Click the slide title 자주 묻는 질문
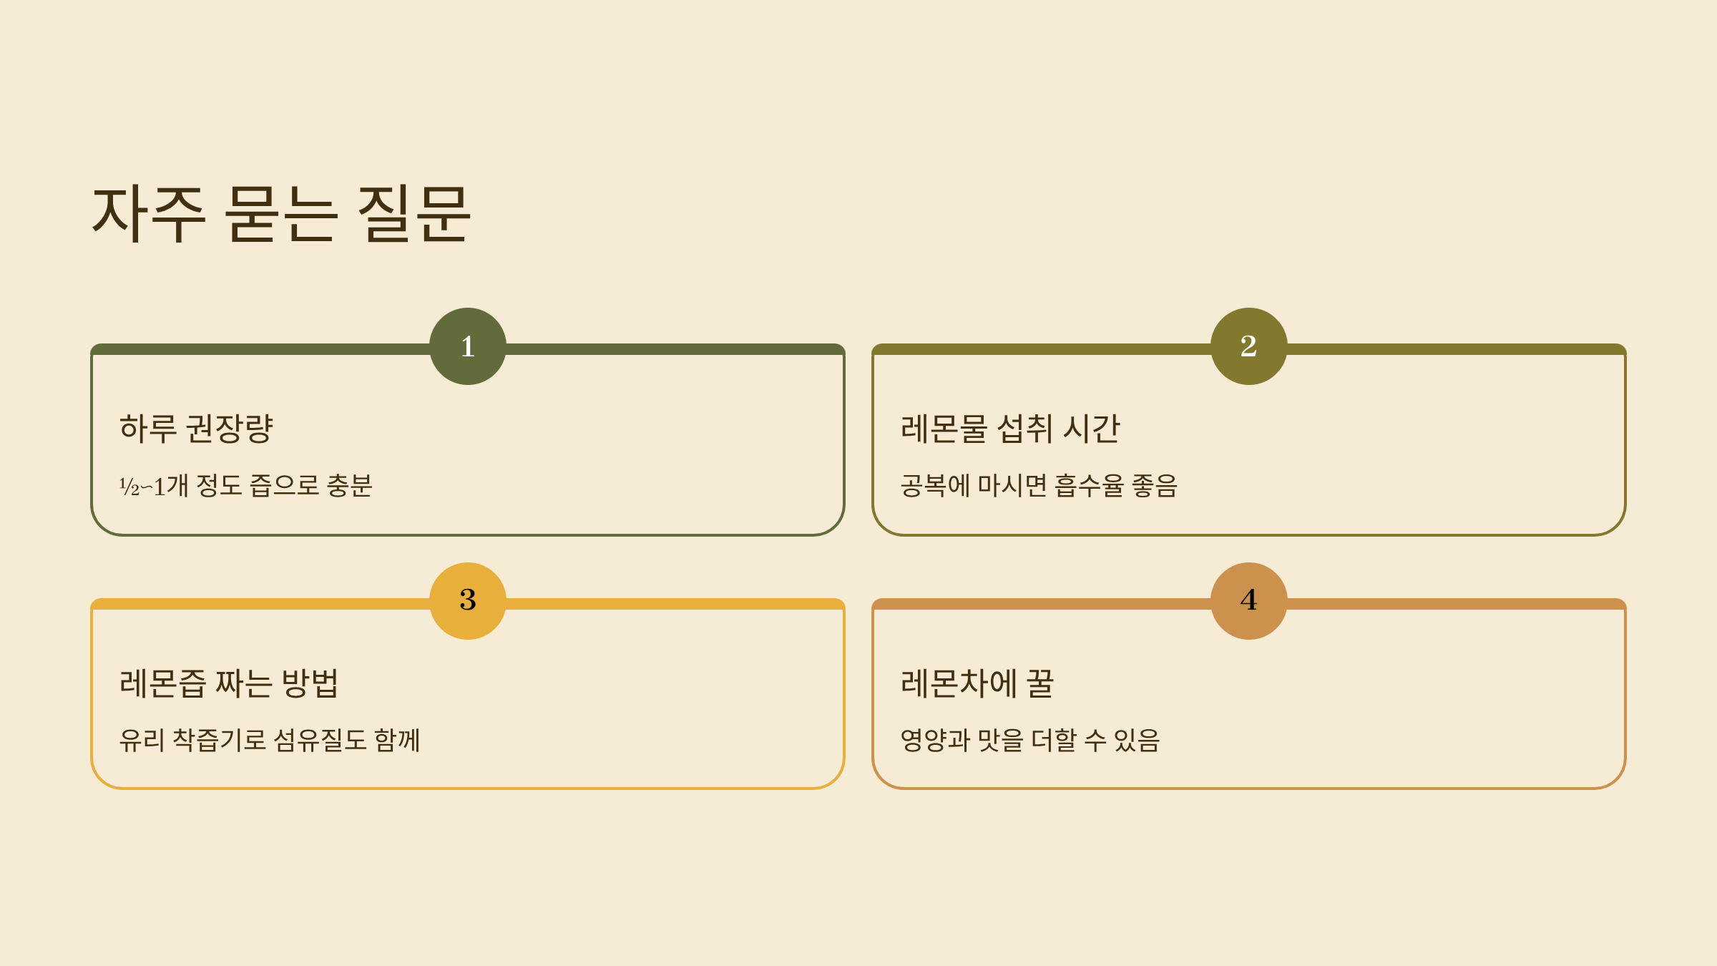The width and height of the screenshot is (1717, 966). (281, 213)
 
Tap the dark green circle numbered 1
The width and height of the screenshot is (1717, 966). (468, 346)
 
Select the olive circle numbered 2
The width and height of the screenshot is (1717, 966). (1248, 346)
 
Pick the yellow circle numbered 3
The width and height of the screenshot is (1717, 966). (468, 600)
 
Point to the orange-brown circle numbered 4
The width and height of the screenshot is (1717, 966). (1248, 600)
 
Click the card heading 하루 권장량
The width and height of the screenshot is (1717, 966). (196, 429)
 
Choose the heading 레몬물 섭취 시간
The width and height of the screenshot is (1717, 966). (1009, 429)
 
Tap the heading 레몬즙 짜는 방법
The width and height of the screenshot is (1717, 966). (229, 683)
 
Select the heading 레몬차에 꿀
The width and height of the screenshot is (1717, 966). (977, 683)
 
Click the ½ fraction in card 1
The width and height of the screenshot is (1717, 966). (129, 487)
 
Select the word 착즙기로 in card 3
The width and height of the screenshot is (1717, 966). (220, 740)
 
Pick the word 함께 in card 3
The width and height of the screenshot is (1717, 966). (397, 740)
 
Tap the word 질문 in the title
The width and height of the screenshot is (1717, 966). (414, 213)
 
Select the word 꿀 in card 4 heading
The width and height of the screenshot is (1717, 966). (1040, 683)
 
